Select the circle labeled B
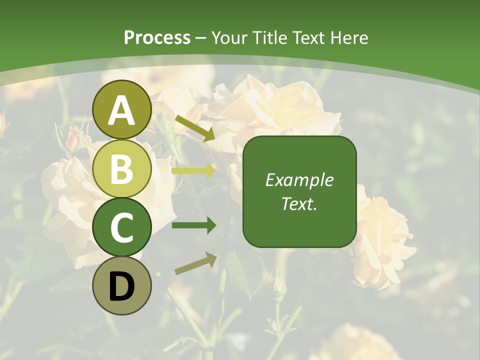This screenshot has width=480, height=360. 122,168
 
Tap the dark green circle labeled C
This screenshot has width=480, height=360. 122,227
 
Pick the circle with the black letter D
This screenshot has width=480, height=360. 122,285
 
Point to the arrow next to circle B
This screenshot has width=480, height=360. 193,170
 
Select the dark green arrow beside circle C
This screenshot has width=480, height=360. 193,225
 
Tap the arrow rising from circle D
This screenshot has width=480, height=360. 195,263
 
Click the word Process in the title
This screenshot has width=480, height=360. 157,37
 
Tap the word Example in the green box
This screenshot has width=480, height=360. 299,180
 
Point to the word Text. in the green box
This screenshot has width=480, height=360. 299,203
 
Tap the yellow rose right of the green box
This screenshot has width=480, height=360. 383,240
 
